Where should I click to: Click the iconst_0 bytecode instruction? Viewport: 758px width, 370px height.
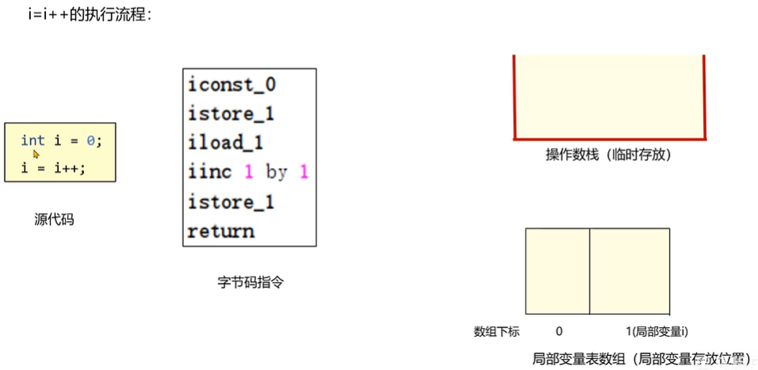tap(232, 85)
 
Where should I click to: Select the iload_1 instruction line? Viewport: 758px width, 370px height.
tap(225, 143)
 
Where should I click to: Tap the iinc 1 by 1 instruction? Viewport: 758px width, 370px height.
tap(248, 173)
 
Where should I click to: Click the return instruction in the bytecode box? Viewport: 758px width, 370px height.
tap(220, 232)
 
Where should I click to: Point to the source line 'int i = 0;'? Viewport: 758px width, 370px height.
tap(61, 141)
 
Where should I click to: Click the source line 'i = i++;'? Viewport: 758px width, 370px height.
tap(53, 168)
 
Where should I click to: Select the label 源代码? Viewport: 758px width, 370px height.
tap(54, 219)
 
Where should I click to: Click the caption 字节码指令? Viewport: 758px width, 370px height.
tap(250, 281)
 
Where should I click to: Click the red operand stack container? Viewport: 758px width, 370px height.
tap(609, 99)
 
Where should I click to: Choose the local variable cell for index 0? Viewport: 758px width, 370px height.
tap(557, 271)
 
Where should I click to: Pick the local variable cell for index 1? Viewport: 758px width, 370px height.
tap(630, 271)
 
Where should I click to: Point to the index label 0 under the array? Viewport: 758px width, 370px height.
tap(559, 332)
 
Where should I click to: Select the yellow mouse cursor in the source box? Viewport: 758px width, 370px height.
tap(36, 154)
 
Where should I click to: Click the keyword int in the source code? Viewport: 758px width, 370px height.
tap(33, 141)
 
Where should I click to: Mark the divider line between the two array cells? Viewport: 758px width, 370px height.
tap(589, 271)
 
